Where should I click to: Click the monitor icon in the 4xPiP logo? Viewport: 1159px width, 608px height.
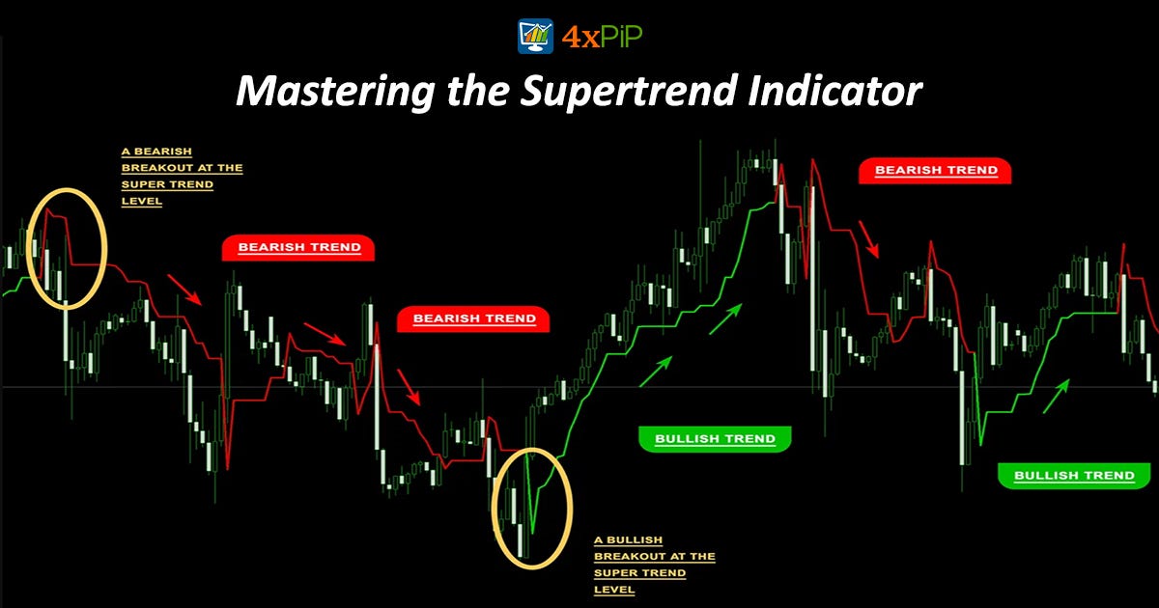(535, 36)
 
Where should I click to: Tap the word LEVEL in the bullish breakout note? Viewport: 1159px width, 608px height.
(614, 590)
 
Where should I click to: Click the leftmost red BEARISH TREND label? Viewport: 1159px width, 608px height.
(298, 248)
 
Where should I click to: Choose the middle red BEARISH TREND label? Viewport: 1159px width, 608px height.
(474, 318)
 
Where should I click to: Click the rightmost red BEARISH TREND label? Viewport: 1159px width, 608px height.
(935, 171)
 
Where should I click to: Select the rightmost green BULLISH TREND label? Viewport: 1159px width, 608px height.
(1074, 476)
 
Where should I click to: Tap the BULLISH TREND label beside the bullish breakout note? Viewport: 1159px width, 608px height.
(715, 439)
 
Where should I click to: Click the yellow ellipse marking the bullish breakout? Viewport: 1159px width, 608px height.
(532, 506)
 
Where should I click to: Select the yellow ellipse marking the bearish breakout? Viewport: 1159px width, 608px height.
(67, 249)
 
